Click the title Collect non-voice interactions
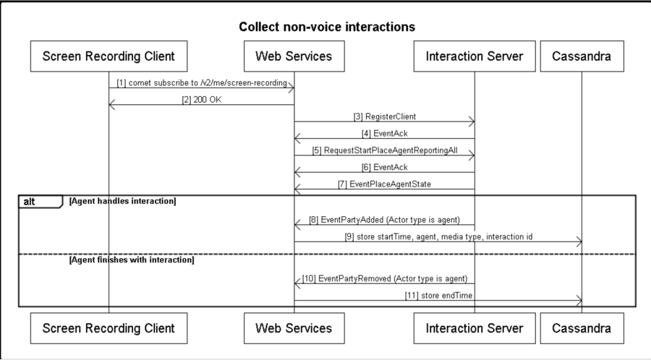[327, 27]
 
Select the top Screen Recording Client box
[109, 56]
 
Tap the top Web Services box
[294, 56]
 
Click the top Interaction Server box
[475, 56]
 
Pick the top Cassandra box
[582, 56]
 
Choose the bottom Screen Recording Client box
[109, 328]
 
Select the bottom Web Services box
[294, 328]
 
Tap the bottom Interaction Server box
[475, 328]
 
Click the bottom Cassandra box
[582, 328]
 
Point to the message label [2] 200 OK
[202, 100]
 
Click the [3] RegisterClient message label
[385, 116]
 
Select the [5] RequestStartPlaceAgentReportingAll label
[385, 150]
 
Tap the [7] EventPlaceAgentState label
[385, 184]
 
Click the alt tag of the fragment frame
[29, 202]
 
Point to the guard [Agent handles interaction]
[122, 201]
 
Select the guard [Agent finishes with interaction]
[132, 260]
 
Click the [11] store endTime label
[439, 295]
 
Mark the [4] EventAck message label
[385, 134]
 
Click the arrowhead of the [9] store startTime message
[579, 241]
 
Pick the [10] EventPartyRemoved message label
[385, 278]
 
